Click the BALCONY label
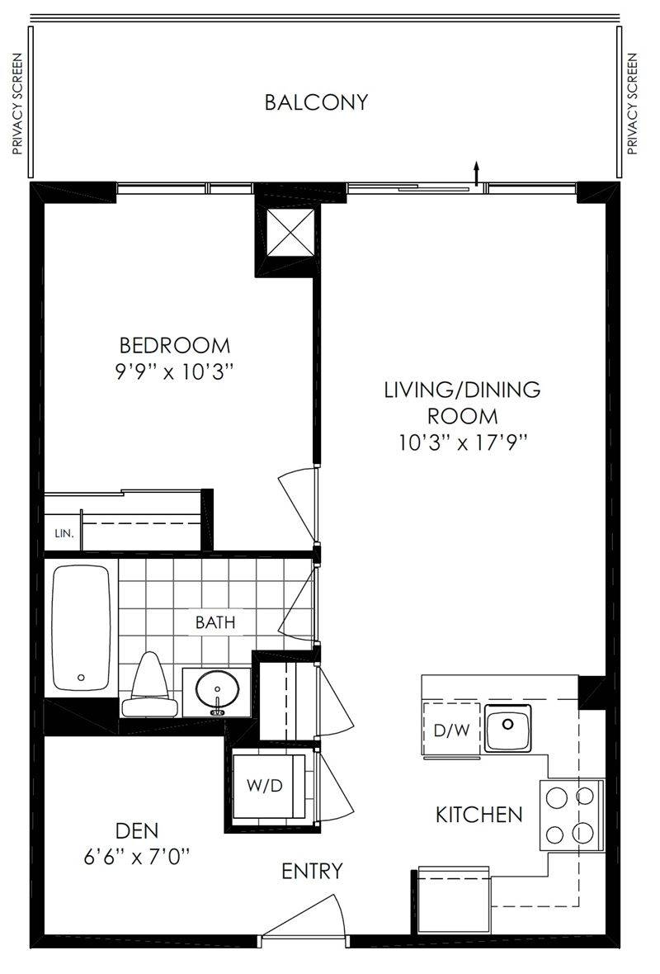[x=316, y=102]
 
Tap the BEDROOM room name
[x=174, y=345]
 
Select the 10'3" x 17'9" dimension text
[x=463, y=443]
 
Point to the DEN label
[x=137, y=830]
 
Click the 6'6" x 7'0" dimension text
[x=137, y=858]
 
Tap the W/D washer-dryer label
[x=265, y=786]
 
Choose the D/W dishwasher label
[x=451, y=730]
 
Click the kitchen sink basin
[x=508, y=727]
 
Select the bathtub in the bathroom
[x=81, y=627]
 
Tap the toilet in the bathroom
[x=149, y=684]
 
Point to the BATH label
[x=215, y=622]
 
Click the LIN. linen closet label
[x=64, y=533]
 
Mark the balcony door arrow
[x=476, y=173]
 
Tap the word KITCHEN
[x=478, y=815]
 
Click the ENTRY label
[x=312, y=872]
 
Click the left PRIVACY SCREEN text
[x=17, y=104]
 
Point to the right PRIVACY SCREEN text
[x=633, y=104]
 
